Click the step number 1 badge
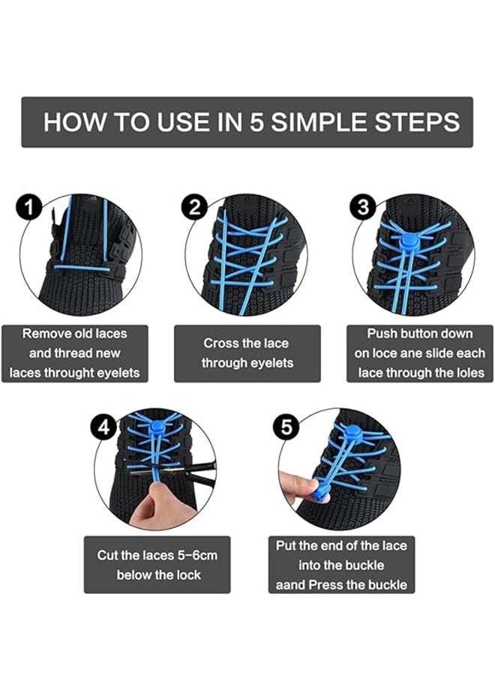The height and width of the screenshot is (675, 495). (x=29, y=207)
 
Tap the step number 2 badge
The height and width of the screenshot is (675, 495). (x=195, y=207)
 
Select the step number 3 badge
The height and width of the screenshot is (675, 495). (x=363, y=207)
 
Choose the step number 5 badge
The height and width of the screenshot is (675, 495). (x=286, y=427)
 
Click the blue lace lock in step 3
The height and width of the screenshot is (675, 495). (x=407, y=242)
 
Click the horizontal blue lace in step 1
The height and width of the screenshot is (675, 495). (x=82, y=268)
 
